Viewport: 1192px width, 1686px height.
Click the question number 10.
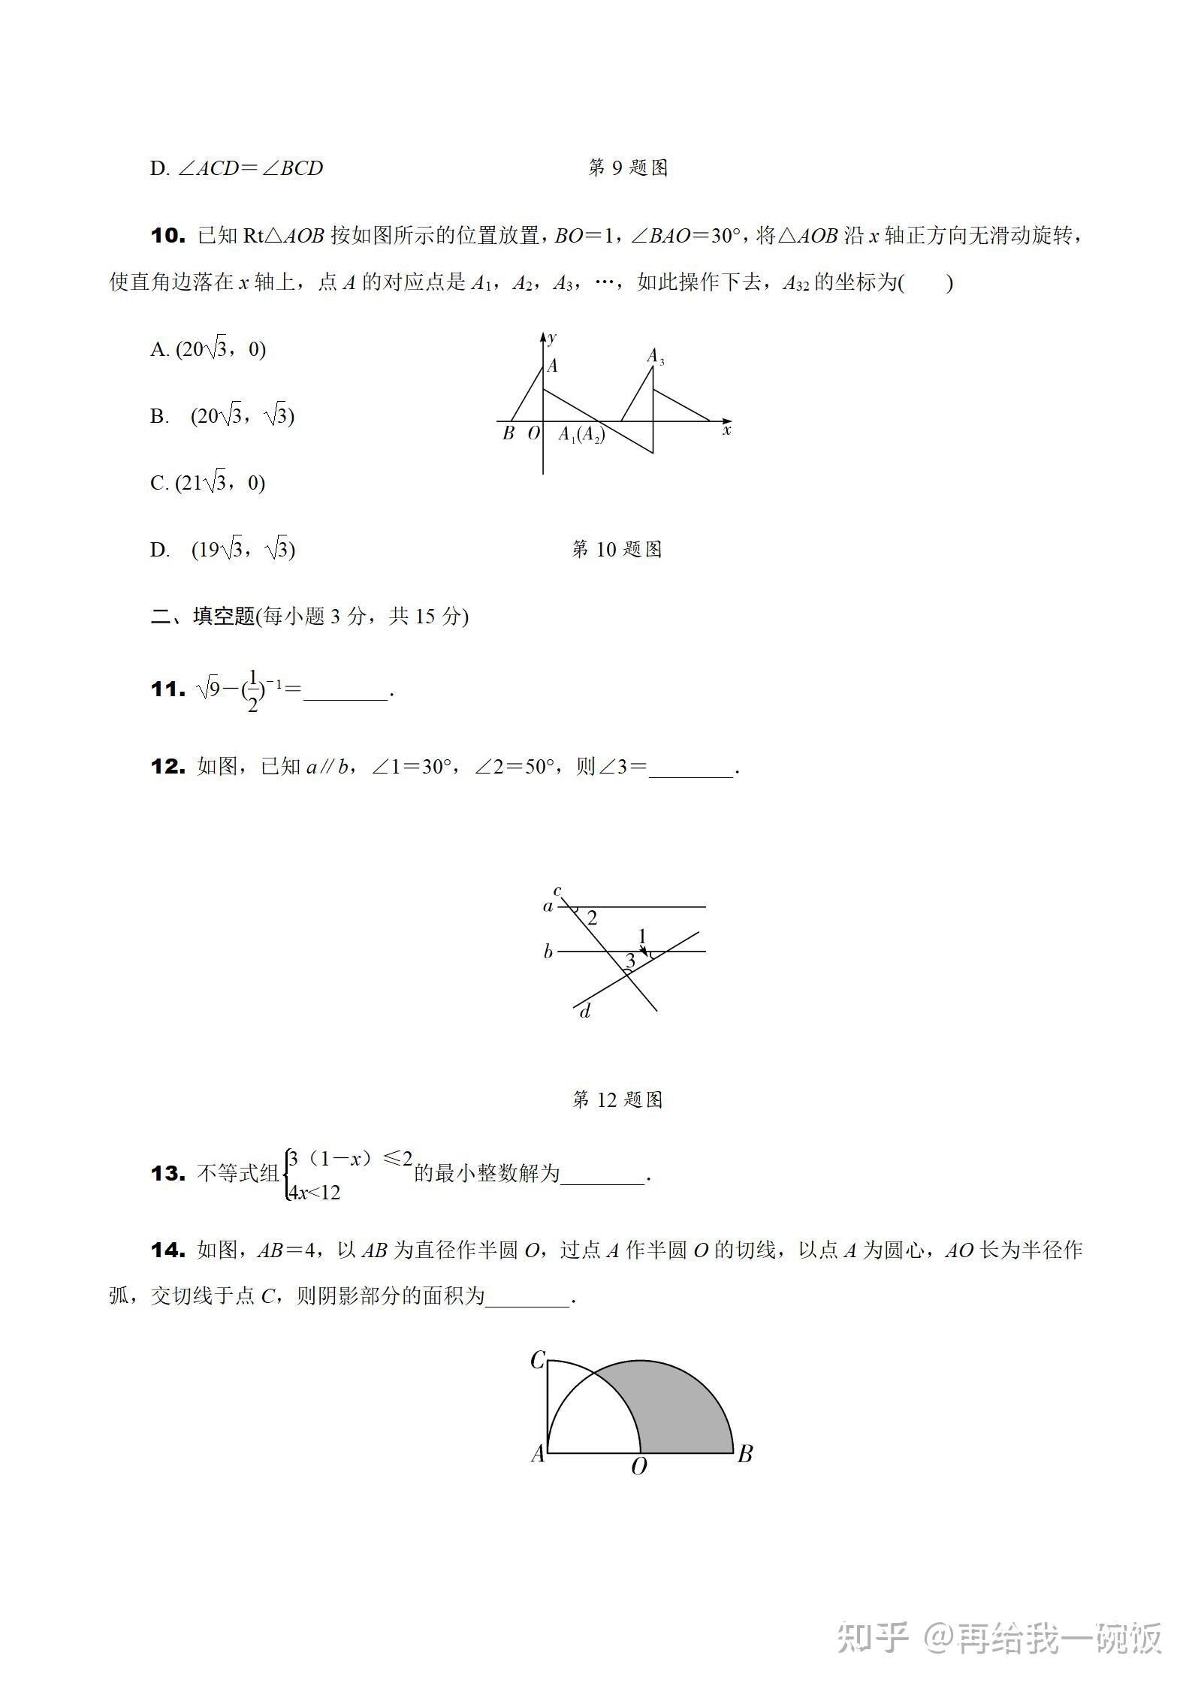167,236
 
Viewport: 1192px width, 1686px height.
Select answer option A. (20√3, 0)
208,349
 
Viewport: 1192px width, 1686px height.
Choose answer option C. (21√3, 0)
208,483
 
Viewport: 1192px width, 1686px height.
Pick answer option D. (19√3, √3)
223,550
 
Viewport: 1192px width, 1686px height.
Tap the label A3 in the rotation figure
656,356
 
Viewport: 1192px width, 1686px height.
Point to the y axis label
553,338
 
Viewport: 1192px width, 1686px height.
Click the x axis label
726,430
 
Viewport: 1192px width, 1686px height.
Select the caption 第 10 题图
617,550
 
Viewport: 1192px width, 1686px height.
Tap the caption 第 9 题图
628,168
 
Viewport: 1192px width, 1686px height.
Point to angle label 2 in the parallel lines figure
592,918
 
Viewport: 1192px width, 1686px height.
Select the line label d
585,1012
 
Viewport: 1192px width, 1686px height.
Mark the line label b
548,952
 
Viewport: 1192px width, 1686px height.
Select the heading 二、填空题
203,617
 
